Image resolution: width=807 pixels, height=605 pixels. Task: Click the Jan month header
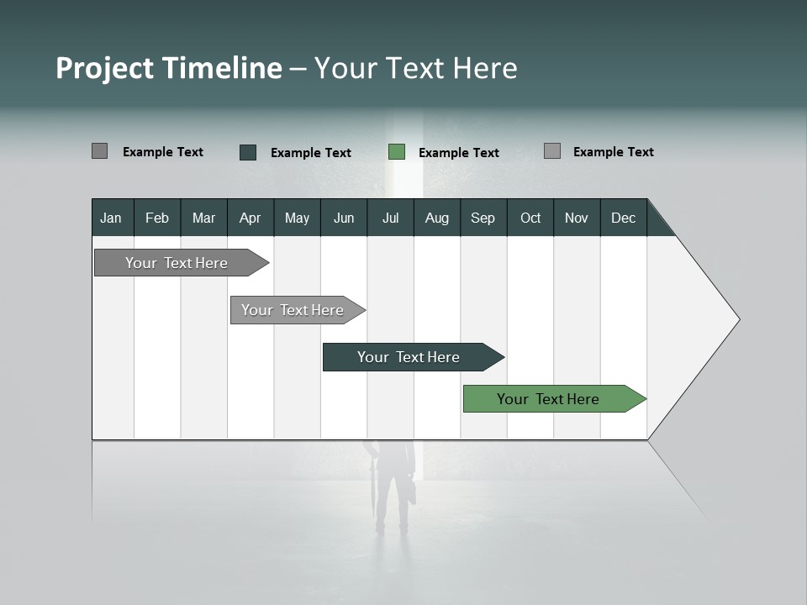[x=111, y=218]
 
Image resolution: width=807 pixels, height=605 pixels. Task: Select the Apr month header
[x=250, y=218]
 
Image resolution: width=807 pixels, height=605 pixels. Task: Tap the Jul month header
[x=390, y=218]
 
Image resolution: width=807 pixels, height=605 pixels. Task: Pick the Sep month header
[x=483, y=218]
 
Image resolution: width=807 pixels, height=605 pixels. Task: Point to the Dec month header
[x=623, y=218]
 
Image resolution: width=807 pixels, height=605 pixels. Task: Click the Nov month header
[x=576, y=218]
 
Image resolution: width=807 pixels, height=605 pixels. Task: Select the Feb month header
[x=157, y=218]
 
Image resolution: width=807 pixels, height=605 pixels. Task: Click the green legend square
[x=397, y=152]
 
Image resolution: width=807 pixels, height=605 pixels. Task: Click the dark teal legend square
[x=248, y=152]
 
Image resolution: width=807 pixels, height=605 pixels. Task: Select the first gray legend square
[x=99, y=151]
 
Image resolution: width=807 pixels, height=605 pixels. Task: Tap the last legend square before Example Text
[x=552, y=151]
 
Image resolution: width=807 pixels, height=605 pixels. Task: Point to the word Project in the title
[x=104, y=68]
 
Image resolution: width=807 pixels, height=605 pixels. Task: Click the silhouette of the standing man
[x=393, y=487]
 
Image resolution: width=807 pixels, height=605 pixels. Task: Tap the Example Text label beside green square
[x=458, y=153]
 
